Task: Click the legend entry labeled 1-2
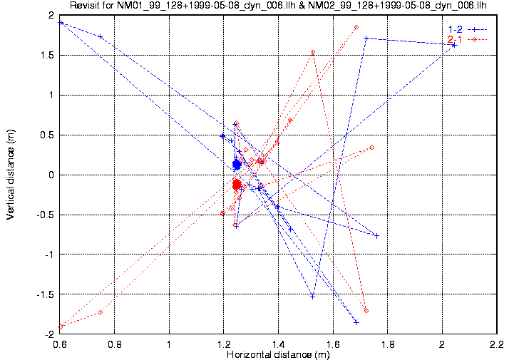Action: coord(453,29)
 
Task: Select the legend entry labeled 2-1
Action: coord(453,38)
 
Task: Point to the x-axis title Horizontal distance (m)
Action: coord(278,354)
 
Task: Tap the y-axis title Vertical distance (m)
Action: coord(10,175)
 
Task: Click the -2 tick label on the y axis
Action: coord(48,334)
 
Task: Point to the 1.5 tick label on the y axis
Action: coord(47,55)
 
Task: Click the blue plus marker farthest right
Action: coord(454,45)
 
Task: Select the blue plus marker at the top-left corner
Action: coord(61,23)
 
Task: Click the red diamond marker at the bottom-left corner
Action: coord(61,326)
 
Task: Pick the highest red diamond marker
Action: coord(356,27)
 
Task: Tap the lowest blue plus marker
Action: coord(356,322)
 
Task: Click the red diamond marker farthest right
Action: coord(372,147)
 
